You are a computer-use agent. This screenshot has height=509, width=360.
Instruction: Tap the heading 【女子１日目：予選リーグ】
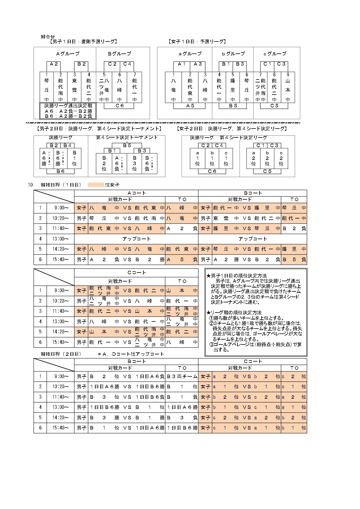point(197,42)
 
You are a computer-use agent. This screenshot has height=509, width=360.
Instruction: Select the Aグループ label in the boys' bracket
point(68,54)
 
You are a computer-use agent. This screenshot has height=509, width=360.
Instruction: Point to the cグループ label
point(275,54)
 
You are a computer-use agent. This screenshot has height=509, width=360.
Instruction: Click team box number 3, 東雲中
point(75,87)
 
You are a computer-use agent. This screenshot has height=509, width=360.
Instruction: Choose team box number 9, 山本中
point(288,87)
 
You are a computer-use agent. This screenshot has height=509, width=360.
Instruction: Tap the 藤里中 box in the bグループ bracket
point(233,87)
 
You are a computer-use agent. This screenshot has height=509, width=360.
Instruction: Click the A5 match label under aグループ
point(190,106)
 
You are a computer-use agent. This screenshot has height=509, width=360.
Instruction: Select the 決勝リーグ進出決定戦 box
point(68,111)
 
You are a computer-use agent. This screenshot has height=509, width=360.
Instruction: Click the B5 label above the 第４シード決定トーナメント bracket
point(127,145)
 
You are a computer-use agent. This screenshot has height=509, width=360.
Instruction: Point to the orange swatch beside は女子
point(96,185)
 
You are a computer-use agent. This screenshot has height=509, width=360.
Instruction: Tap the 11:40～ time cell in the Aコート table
point(60,229)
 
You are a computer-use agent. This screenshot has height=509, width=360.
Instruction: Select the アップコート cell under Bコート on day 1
point(253,239)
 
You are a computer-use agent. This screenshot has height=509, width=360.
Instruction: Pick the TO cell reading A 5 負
point(182,260)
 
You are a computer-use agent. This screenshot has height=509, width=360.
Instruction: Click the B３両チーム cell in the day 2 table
point(182,377)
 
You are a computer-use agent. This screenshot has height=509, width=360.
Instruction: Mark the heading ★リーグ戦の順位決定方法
point(234,313)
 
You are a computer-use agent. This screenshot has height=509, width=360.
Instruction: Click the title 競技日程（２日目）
point(61,354)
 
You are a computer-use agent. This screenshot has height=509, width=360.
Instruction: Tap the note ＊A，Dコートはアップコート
point(131,354)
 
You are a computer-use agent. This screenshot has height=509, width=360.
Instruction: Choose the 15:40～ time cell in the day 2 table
point(60,428)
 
